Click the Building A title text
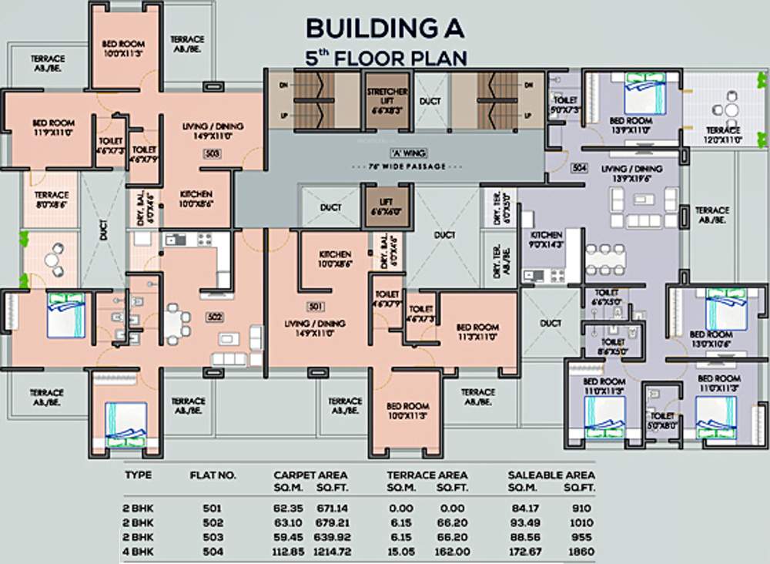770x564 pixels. (x=385, y=29)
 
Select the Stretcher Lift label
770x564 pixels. (x=387, y=101)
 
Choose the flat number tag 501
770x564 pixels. (x=315, y=306)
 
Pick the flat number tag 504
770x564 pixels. (x=580, y=166)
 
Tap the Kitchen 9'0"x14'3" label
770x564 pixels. (x=546, y=240)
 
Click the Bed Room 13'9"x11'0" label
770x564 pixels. (x=631, y=126)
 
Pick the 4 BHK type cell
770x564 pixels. (x=139, y=552)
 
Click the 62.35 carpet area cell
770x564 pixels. (x=290, y=508)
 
